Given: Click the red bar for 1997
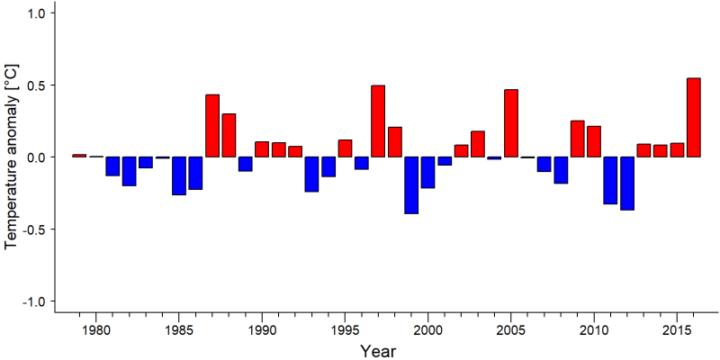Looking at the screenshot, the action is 378,121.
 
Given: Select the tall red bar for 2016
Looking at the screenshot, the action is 694,118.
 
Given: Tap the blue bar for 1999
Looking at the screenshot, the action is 411,185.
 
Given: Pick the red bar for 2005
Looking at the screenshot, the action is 511,123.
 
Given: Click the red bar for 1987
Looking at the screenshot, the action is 212,126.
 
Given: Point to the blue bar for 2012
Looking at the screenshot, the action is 627,184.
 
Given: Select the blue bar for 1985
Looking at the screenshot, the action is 178,175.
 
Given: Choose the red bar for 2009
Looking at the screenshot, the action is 578,139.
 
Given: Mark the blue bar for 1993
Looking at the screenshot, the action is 311,174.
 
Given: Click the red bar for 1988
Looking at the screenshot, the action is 229,136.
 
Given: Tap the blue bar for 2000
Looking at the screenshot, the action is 428,172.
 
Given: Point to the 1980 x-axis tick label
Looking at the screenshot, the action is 95,330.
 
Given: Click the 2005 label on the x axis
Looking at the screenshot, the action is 511,330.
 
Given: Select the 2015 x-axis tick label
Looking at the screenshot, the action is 678,330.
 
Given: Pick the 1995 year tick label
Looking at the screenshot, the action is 345,330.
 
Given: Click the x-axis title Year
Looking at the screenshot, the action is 378,351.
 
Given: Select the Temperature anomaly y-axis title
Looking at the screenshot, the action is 12,157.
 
